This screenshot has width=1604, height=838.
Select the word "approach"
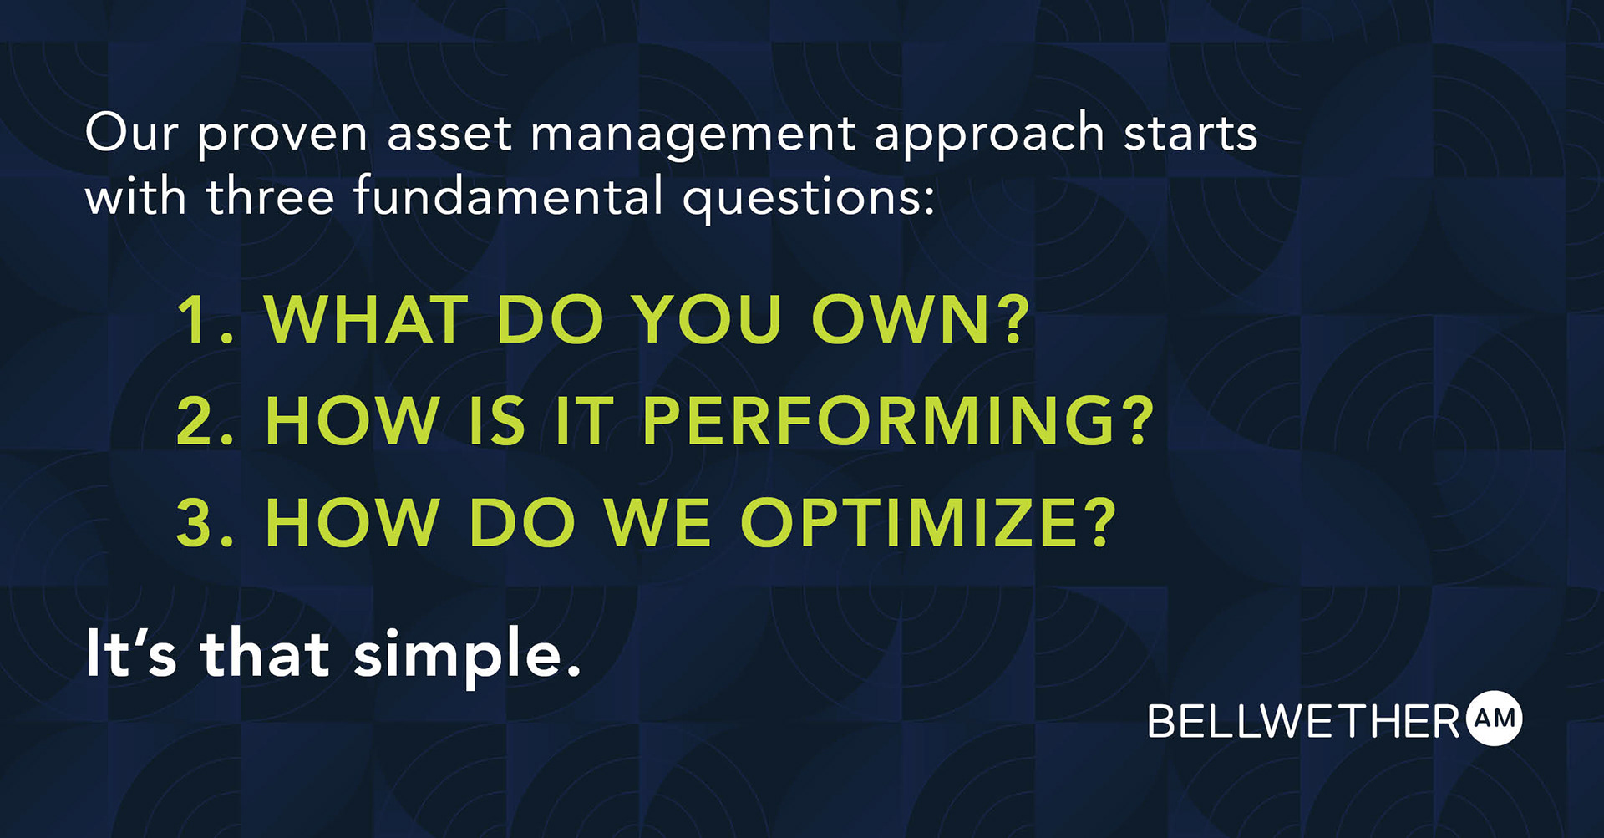[989, 134]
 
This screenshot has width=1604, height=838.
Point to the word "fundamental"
[508, 196]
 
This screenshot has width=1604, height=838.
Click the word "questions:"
[809, 199]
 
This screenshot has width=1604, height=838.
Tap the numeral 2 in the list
[198, 420]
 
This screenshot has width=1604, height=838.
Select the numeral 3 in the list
[198, 523]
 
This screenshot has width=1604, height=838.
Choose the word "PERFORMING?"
[898, 420]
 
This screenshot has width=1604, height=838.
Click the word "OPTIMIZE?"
[928, 523]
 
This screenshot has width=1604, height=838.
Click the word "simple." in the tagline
[467, 656]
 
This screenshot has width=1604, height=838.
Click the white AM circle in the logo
[1495, 719]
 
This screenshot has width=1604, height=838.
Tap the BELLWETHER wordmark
[1304, 721]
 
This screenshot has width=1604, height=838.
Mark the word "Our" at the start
[131, 134]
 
